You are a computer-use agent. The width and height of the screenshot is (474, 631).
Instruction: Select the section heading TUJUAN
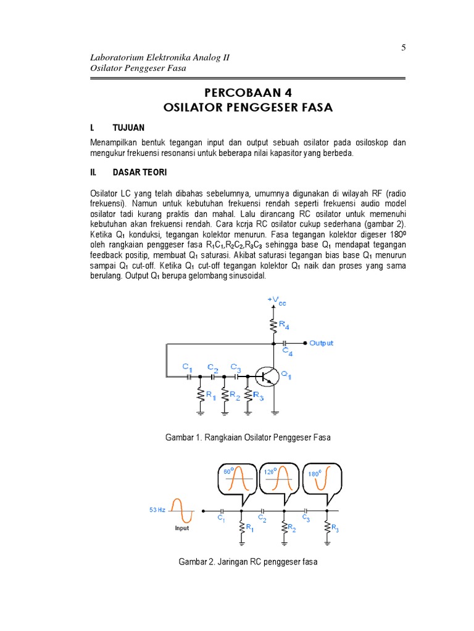[128, 128]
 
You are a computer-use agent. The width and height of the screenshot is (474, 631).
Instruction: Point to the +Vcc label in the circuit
[276, 301]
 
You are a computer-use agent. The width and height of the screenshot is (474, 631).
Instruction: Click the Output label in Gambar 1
[321, 343]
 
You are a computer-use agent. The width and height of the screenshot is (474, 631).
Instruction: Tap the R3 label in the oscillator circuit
[259, 397]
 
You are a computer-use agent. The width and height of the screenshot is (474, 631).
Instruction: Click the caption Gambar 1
[248, 438]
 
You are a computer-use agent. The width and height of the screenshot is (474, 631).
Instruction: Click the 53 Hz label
[157, 510]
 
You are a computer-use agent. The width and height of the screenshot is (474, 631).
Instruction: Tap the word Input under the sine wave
[181, 528]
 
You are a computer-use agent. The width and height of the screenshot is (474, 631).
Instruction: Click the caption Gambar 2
[248, 563]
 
